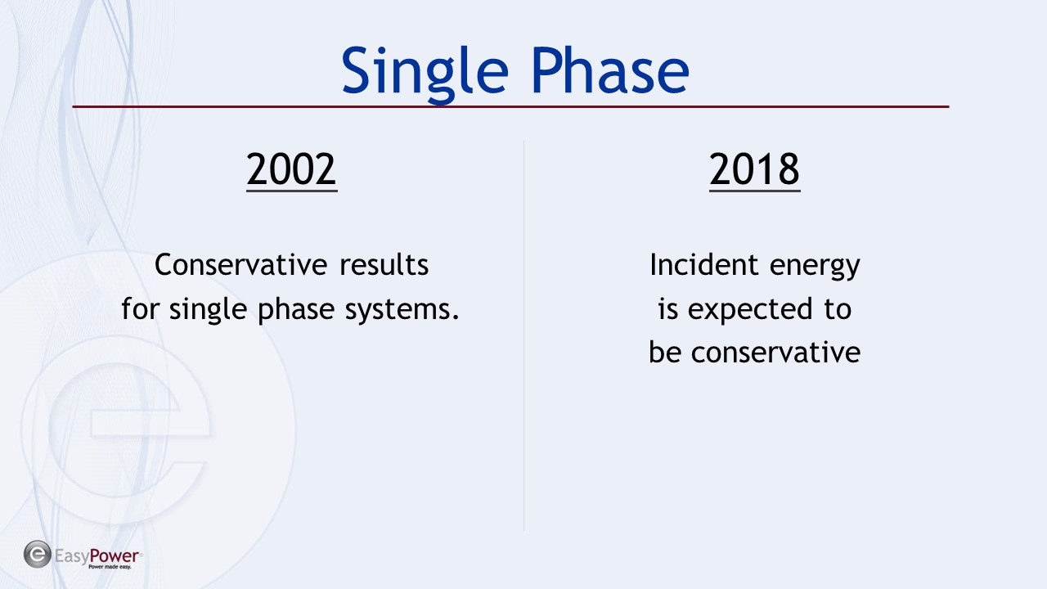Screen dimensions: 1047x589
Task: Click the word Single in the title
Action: (425, 74)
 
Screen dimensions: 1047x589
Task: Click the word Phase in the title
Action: (610, 70)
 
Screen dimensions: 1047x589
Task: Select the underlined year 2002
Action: (292, 170)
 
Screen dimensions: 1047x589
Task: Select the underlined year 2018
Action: (754, 170)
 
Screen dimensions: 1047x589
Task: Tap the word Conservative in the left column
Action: (240, 264)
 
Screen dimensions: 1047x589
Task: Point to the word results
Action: (384, 264)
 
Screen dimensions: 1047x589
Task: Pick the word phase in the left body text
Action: (296, 309)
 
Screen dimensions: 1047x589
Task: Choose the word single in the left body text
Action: (208, 309)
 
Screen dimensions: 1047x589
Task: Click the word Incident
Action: (703, 264)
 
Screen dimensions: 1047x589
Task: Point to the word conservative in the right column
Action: (775, 353)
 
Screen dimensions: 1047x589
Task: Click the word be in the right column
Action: (664, 352)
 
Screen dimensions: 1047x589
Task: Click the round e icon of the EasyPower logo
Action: (38, 555)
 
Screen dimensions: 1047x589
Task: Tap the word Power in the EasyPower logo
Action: (114, 555)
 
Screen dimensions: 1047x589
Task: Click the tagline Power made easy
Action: (110, 567)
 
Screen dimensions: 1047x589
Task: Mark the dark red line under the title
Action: (510, 106)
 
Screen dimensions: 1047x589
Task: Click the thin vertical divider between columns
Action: (523, 335)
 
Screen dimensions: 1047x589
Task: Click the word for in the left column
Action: (140, 309)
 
